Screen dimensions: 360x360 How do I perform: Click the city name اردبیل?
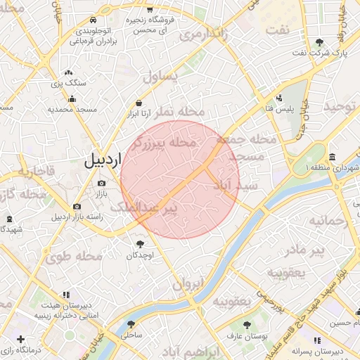(103, 160)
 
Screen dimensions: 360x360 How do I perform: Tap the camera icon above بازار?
(101, 184)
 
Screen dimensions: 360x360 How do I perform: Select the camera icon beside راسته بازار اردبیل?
(77, 207)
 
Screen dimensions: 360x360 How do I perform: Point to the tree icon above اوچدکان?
(140, 244)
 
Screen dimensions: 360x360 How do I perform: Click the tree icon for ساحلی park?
(131, 324)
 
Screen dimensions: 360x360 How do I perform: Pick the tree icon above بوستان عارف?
(246, 325)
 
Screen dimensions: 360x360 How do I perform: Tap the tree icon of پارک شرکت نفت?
(320, 42)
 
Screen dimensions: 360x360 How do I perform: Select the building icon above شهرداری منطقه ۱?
(331, 157)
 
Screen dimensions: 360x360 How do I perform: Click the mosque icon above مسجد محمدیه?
(68, 98)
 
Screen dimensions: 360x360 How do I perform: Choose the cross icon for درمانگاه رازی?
(20, 339)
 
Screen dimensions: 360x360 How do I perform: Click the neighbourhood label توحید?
(340, 106)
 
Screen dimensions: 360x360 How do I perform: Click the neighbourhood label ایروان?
(188, 285)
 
